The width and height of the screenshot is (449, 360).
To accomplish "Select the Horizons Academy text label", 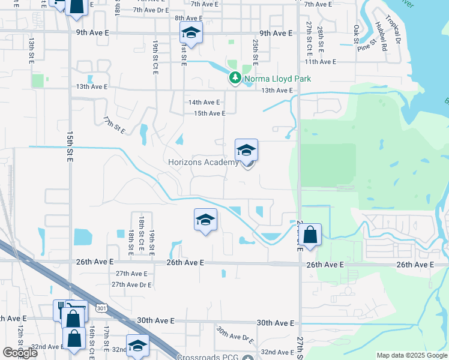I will coord(203,163).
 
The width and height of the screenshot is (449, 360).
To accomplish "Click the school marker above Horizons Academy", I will coord(246,150).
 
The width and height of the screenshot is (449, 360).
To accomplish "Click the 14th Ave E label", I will coord(204,103).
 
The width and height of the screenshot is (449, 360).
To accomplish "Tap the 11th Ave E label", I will coord(320,62).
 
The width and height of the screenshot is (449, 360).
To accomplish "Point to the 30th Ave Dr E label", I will coord(235,337).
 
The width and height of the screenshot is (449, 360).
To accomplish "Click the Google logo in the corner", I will coord(20,353).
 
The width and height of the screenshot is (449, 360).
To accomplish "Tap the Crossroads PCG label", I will coord(208,356).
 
